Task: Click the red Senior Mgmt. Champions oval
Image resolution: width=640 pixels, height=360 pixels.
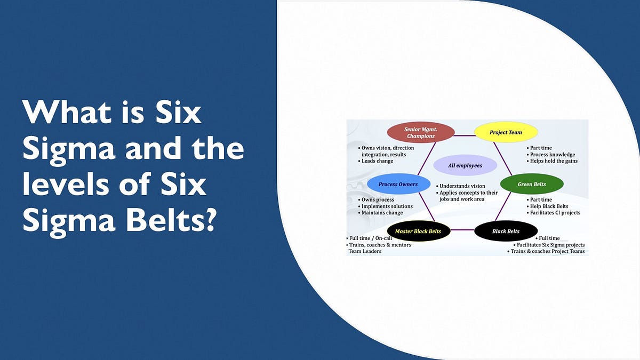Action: pyautogui.click(x=420, y=132)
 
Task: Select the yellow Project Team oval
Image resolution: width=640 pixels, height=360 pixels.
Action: pyautogui.click(x=506, y=132)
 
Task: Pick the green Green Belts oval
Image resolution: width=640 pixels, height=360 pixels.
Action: pyautogui.click(x=532, y=185)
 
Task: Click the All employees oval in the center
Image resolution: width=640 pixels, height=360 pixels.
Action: pyautogui.click(x=465, y=165)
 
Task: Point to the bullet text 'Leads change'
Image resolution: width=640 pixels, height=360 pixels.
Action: pyautogui.click(x=377, y=161)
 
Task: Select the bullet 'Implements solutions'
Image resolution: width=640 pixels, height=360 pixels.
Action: pyautogui.click(x=387, y=206)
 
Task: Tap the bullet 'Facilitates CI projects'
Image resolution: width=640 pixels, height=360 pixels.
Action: pyautogui.click(x=555, y=213)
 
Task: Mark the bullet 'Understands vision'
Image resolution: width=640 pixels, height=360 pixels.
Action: pyautogui.click(x=462, y=186)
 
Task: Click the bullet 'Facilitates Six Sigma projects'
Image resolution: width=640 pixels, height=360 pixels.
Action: pyautogui.click(x=550, y=245)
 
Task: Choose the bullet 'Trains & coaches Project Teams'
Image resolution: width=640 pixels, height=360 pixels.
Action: pyautogui.click(x=548, y=251)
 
